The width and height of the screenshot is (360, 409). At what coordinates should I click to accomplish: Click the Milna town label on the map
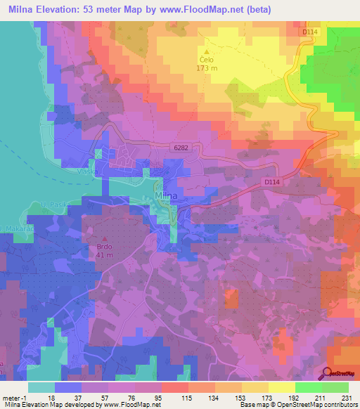(x=166, y=195)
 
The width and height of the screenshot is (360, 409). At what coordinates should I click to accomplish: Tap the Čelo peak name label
(x=206, y=60)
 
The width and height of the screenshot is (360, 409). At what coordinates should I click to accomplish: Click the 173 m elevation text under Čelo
(x=206, y=69)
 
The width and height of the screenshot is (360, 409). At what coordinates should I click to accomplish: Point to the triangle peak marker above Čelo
(x=206, y=51)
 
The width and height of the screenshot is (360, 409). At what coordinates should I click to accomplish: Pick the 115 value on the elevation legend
(x=186, y=398)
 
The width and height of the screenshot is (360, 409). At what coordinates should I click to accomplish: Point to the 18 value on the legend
(x=51, y=398)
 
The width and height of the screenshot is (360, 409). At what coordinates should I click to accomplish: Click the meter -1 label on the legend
(x=14, y=398)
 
